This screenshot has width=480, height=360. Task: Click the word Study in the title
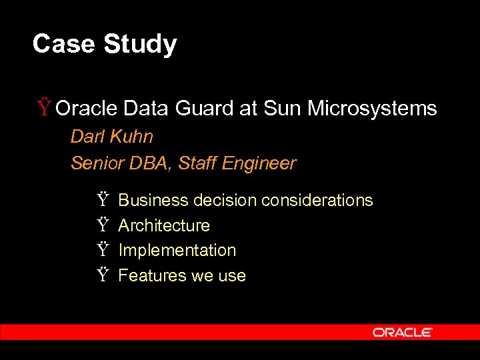(140, 45)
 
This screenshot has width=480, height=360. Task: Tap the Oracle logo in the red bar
(403, 332)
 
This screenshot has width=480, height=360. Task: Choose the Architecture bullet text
(164, 225)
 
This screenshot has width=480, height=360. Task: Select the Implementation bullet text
(177, 250)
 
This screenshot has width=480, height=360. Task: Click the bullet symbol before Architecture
(102, 225)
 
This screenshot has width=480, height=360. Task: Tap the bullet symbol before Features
(102, 275)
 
